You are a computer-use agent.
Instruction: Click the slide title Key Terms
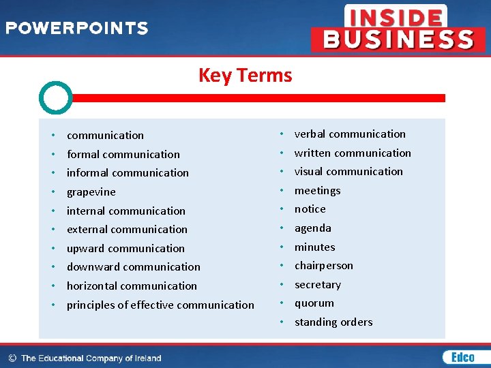(x=245, y=75)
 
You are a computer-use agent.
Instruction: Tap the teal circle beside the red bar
(x=55, y=98)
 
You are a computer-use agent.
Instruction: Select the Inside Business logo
(x=398, y=28)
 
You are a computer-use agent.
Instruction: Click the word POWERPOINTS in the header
(x=77, y=29)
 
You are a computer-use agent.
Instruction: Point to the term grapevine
(x=91, y=192)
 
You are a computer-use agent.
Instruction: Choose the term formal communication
(x=123, y=155)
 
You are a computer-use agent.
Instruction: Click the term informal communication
(x=128, y=173)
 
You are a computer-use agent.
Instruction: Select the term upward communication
(x=125, y=249)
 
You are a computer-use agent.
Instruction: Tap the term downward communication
(x=134, y=267)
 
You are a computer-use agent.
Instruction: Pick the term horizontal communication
(x=132, y=286)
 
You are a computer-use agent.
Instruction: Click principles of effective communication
(x=160, y=305)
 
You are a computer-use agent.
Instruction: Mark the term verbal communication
(x=350, y=134)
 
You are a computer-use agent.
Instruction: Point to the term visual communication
(x=348, y=172)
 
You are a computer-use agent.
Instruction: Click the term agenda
(x=313, y=228)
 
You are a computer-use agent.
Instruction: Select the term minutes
(x=315, y=247)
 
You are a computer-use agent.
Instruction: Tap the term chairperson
(x=324, y=266)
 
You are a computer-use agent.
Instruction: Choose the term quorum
(x=314, y=303)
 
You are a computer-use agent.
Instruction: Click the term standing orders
(x=333, y=322)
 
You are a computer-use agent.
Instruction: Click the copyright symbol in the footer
(x=12, y=358)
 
